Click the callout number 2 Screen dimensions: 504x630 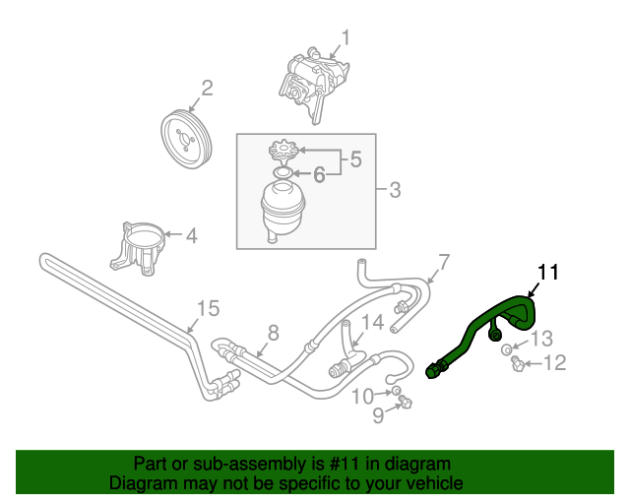click(x=207, y=90)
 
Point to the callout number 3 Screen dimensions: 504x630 click(x=394, y=189)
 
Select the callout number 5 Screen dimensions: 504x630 click(x=355, y=158)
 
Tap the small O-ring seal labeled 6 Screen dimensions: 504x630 click(x=283, y=174)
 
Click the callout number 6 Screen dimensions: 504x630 click(x=319, y=175)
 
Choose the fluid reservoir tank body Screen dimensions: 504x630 click(x=283, y=207)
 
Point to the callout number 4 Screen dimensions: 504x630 click(x=191, y=236)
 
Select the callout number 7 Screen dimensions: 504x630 click(x=444, y=262)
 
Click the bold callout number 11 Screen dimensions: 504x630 click(x=547, y=273)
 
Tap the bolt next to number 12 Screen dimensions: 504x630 click(x=516, y=365)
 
